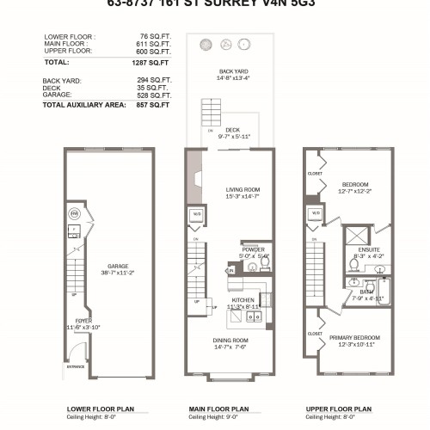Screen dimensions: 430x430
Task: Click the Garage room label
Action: click(113, 267)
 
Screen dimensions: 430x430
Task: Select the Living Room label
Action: click(243, 189)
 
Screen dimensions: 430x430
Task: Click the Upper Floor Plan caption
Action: click(339, 409)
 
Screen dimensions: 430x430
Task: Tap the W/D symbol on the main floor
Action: click(197, 215)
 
